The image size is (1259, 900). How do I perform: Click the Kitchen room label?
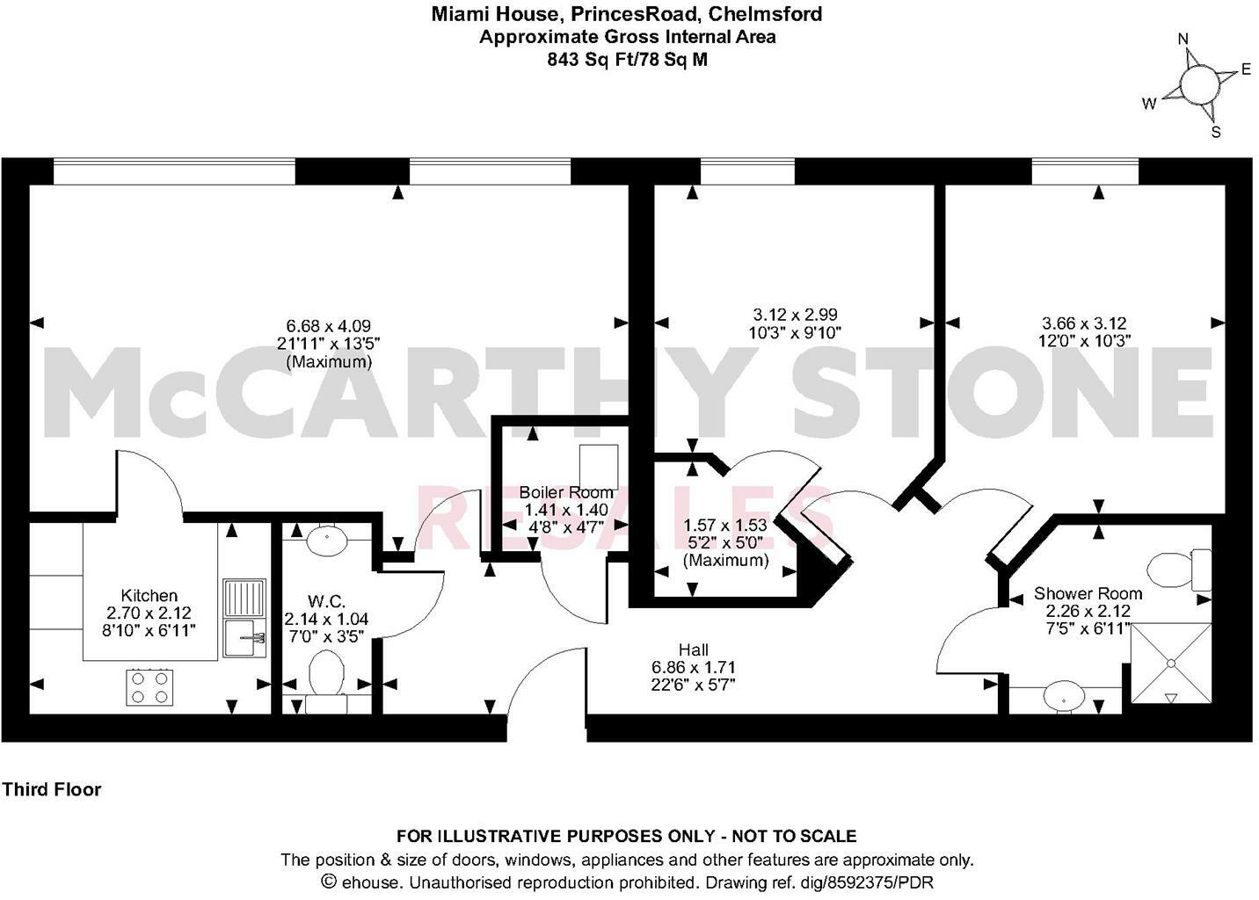coord(149,595)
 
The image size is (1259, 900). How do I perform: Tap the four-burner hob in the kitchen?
coord(149,686)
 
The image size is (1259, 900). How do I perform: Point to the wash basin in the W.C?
coord(326,538)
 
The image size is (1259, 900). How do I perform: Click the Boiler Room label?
coord(565,492)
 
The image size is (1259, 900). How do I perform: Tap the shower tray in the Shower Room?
coord(1170,663)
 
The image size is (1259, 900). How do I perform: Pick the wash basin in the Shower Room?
coord(1066,697)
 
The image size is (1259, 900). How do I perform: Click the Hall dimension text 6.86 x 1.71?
coord(693,667)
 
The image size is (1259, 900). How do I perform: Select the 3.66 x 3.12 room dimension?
coord(1084,323)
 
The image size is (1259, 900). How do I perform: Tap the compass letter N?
coord(1183,39)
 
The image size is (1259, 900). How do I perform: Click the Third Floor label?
coord(51,789)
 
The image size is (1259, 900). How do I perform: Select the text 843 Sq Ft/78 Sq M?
coord(627,60)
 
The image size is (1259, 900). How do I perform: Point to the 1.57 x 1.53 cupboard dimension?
coord(725,526)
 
